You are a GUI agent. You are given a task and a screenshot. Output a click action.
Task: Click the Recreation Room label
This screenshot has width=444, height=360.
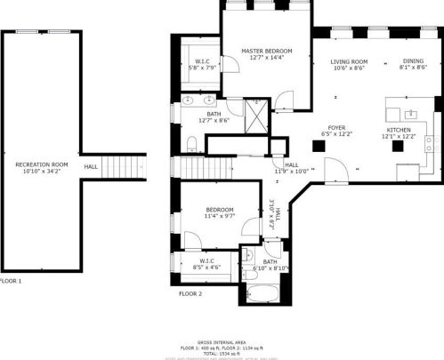tap(42, 164)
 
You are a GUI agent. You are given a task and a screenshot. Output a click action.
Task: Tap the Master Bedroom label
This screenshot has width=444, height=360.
tap(267, 52)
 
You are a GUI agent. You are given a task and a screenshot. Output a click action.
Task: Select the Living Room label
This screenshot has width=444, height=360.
tap(350, 61)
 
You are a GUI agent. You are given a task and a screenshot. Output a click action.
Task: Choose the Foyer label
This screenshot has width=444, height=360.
tap(336, 128)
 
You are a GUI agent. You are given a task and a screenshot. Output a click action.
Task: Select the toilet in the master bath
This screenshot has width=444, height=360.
tap(192, 144)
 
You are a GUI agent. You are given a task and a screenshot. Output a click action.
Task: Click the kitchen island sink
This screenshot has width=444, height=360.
tap(410, 114)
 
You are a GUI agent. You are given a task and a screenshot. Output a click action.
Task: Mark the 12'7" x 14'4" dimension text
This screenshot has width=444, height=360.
tap(267, 59)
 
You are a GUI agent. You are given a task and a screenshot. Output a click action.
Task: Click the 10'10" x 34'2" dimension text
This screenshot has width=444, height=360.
tap(42, 172)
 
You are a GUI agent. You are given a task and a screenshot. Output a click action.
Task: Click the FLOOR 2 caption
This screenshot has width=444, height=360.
tap(190, 293)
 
